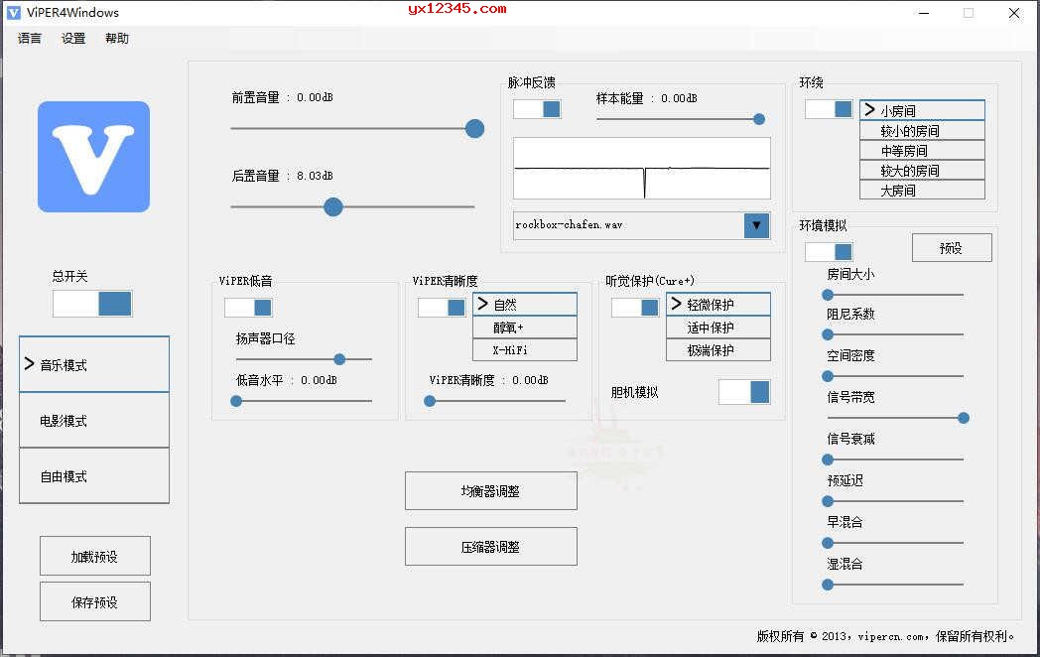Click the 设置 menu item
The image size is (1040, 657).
point(73,39)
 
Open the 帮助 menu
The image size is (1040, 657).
point(117,39)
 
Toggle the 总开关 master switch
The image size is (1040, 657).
point(92,304)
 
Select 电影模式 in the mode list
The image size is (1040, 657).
point(94,421)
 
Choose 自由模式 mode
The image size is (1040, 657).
point(94,476)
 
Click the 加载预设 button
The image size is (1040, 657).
point(95,557)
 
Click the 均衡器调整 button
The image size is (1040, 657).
point(491,491)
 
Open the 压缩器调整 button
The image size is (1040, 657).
point(491,547)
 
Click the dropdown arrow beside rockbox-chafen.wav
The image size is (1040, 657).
point(757,225)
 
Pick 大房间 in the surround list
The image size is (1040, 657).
point(922,191)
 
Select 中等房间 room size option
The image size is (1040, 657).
point(922,151)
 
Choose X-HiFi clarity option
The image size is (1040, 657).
point(525,350)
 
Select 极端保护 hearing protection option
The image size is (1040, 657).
point(718,350)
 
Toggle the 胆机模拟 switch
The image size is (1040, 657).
point(744,392)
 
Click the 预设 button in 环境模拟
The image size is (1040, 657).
point(952,248)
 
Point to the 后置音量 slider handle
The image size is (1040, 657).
point(333,206)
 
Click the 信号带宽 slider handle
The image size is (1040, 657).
point(963,418)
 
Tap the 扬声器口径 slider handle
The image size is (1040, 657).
point(339,359)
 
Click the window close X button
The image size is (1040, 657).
point(1014,13)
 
